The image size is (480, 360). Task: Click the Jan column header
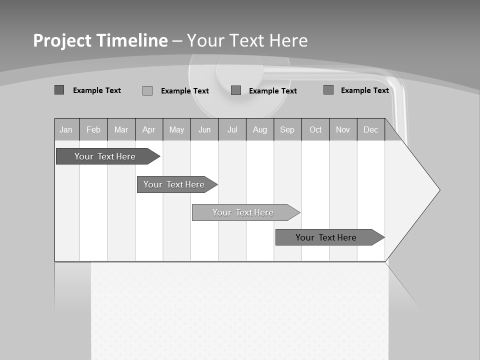pyautogui.click(x=66, y=129)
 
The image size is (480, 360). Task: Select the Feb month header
pyautogui.click(x=93, y=129)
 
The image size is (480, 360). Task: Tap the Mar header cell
pyautogui.click(x=121, y=129)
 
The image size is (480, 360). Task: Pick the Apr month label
pyautogui.click(x=149, y=129)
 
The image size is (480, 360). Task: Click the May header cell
pyautogui.click(x=176, y=129)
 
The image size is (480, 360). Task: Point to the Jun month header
pyautogui.click(x=204, y=129)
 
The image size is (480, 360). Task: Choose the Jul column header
pyautogui.click(x=232, y=129)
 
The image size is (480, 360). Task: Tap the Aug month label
pyautogui.click(x=260, y=129)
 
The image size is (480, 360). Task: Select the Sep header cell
pyautogui.click(x=287, y=129)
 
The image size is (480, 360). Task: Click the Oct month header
pyautogui.click(x=315, y=129)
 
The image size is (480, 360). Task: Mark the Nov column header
pyautogui.click(x=343, y=129)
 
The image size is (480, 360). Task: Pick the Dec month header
pyautogui.click(x=371, y=129)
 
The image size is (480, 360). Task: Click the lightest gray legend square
pyautogui.click(x=147, y=90)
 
